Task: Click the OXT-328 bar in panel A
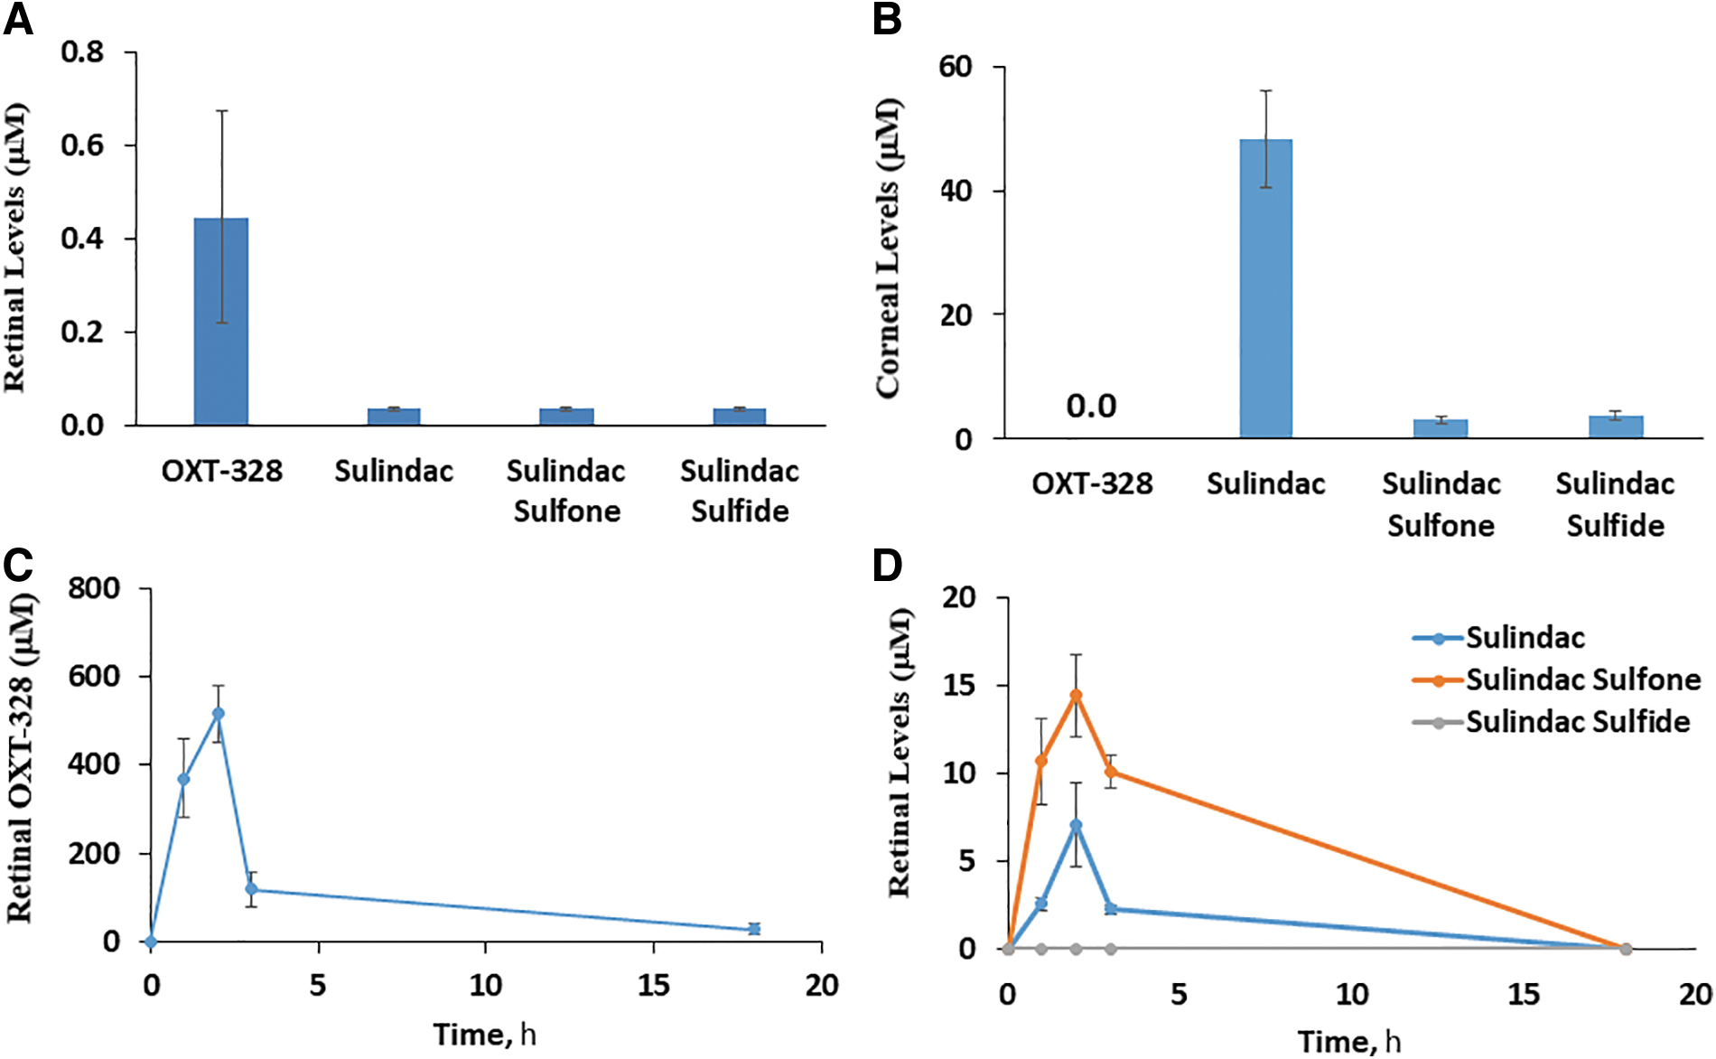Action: click(x=221, y=321)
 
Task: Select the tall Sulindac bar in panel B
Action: click(x=1265, y=288)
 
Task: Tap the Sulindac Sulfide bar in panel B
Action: click(x=1616, y=426)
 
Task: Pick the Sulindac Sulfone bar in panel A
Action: click(x=566, y=417)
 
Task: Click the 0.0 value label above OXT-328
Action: click(x=1091, y=407)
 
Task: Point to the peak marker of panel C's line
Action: click(x=218, y=714)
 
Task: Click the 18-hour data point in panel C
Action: click(x=754, y=929)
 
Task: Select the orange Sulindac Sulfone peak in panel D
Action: click(x=1076, y=695)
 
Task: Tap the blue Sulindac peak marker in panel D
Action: click(x=1076, y=825)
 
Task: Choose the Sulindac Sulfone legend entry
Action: click(x=1557, y=679)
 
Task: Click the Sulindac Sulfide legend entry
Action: click(x=1552, y=722)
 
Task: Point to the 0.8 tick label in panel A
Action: click(x=82, y=52)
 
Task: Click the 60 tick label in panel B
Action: click(x=956, y=67)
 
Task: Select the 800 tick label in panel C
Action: click(x=94, y=588)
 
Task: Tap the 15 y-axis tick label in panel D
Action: click(x=959, y=685)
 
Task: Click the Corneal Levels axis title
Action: click(x=889, y=248)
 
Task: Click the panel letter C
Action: click(x=18, y=566)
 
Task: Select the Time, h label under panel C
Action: click(x=485, y=1034)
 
